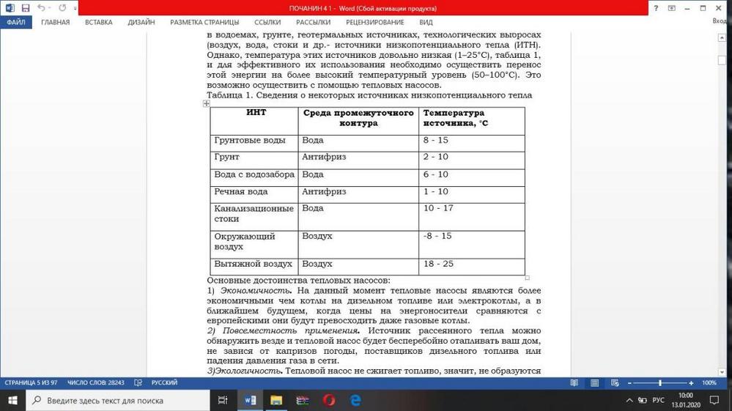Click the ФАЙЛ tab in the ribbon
click(x=15, y=22)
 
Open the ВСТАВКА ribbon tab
click(x=98, y=22)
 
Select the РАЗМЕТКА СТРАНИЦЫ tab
click(x=204, y=22)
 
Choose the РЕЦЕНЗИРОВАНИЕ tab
click(x=375, y=22)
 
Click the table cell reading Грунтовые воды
click(x=250, y=140)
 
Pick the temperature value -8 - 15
click(x=437, y=237)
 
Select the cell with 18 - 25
click(x=438, y=264)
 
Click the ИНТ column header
click(x=256, y=114)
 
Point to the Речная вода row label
click(x=241, y=192)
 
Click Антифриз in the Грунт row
click(x=324, y=158)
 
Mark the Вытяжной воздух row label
click(x=253, y=264)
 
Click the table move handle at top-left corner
click(x=206, y=103)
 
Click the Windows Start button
click(x=13, y=401)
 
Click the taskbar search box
click(x=117, y=401)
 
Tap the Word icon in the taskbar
click(x=250, y=401)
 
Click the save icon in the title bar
click(x=26, y=8)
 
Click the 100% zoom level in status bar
click(x=709, y=382)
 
